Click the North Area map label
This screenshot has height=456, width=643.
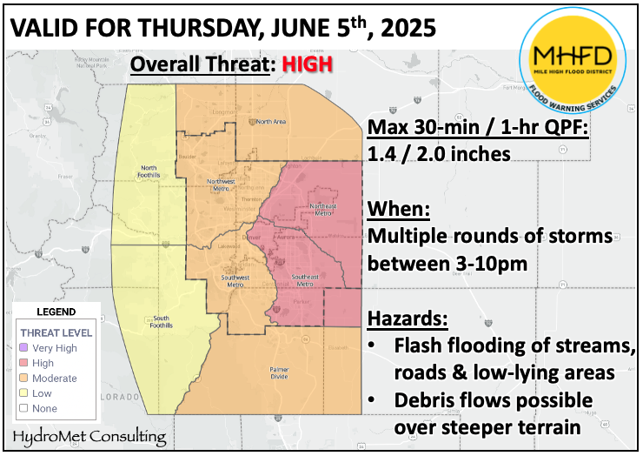[x=271, y=122]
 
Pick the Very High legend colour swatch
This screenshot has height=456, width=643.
[x=25, y=347]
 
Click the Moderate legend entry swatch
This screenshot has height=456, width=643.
[x=25, y=378]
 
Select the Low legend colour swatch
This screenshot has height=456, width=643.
[x=25, y=393]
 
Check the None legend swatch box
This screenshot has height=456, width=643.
[x=25, y=408]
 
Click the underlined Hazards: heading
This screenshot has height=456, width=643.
[x=408, y=318]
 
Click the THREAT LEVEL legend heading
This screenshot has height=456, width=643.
[x=57, y=332]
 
